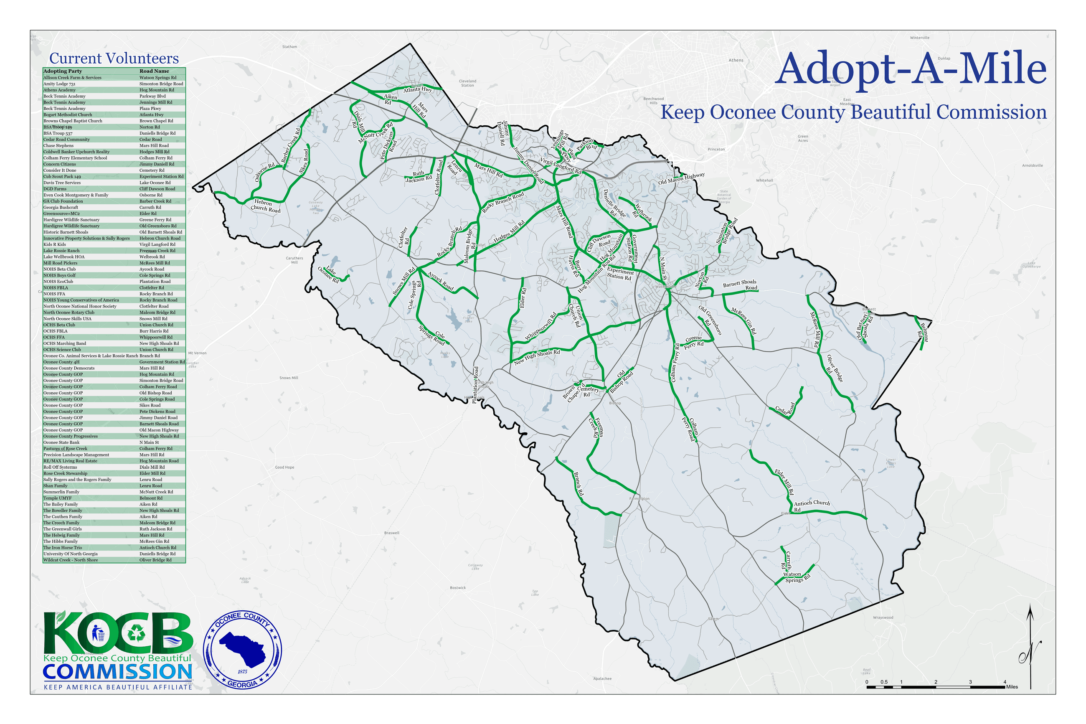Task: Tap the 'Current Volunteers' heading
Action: point(114,58)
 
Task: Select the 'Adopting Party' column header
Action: point(62,71)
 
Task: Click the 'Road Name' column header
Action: point(154,71)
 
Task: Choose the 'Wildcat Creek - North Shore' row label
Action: point(70,560)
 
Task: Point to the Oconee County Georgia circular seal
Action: point(242,648)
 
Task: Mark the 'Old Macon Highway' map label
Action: point(681,178)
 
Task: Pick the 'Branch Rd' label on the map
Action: point(579,483)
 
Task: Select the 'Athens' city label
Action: point(736,61)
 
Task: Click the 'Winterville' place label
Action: point(919,38)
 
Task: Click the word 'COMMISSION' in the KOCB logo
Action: point(117,671)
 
